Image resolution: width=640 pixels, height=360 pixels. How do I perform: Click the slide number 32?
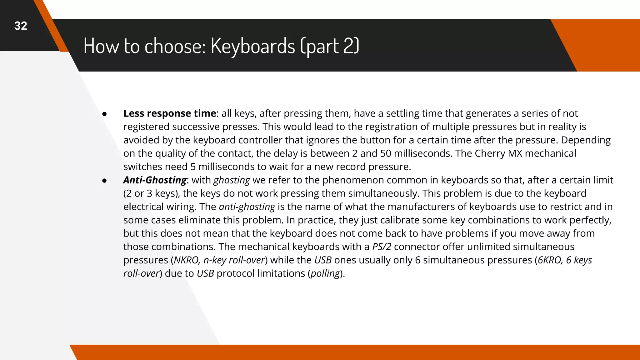pos(21,26)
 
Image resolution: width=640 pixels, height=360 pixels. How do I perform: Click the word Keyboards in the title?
pos(252,46)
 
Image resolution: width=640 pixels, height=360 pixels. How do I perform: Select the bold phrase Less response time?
pos(170,113)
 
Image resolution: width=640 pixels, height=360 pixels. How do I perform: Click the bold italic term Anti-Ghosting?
pos(155,180)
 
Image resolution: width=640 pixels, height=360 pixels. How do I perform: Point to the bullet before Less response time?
pos(105,114)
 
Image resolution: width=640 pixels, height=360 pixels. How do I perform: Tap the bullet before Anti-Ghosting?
pos(105,181)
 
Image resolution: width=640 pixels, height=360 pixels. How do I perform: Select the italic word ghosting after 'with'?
pos(232,180)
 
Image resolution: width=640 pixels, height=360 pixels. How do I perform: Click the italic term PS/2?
pos(382,247)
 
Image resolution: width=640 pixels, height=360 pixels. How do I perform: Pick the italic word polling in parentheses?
pos(325,274)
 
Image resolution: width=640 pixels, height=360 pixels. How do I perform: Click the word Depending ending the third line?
pos(586,140)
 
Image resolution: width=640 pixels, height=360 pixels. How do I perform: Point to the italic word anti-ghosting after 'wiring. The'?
pos(247,207)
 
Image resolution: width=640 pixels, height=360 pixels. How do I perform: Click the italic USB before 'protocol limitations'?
pos(205,274)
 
